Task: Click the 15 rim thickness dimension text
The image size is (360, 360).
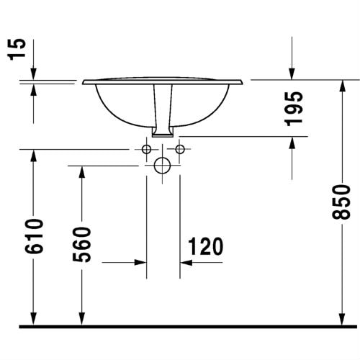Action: click(x=22, y=49)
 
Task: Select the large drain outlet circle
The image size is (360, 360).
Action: click(x=163, y=166)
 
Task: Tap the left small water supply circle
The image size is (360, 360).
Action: click(x=146, y=150)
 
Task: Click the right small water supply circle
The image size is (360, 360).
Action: click(x=179, y=150)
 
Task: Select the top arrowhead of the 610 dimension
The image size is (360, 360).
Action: click(x=33, y=154)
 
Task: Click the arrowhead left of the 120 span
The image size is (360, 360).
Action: click(x=142, y=264)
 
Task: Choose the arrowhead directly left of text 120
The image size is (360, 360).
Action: click(x=184, y=264)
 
